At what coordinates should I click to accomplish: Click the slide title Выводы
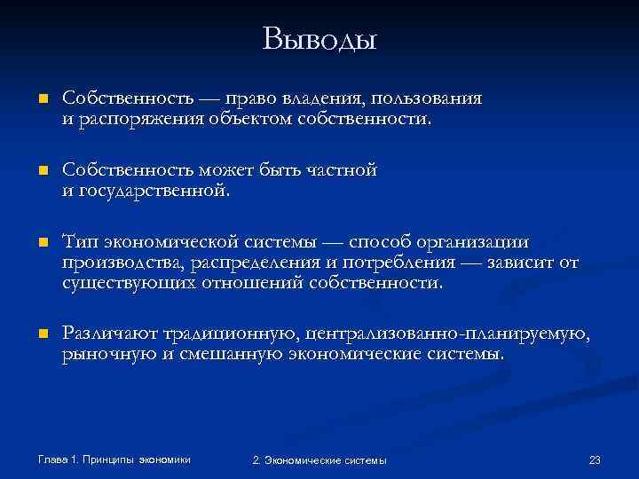click(x=319, y=38)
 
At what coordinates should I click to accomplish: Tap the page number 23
click(x=595, y=459)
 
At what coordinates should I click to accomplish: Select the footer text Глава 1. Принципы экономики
click(x=114, y=459)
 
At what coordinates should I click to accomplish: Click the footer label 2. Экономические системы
click(x=319, y=459)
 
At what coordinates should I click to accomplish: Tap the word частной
click(x=340, y=169)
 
